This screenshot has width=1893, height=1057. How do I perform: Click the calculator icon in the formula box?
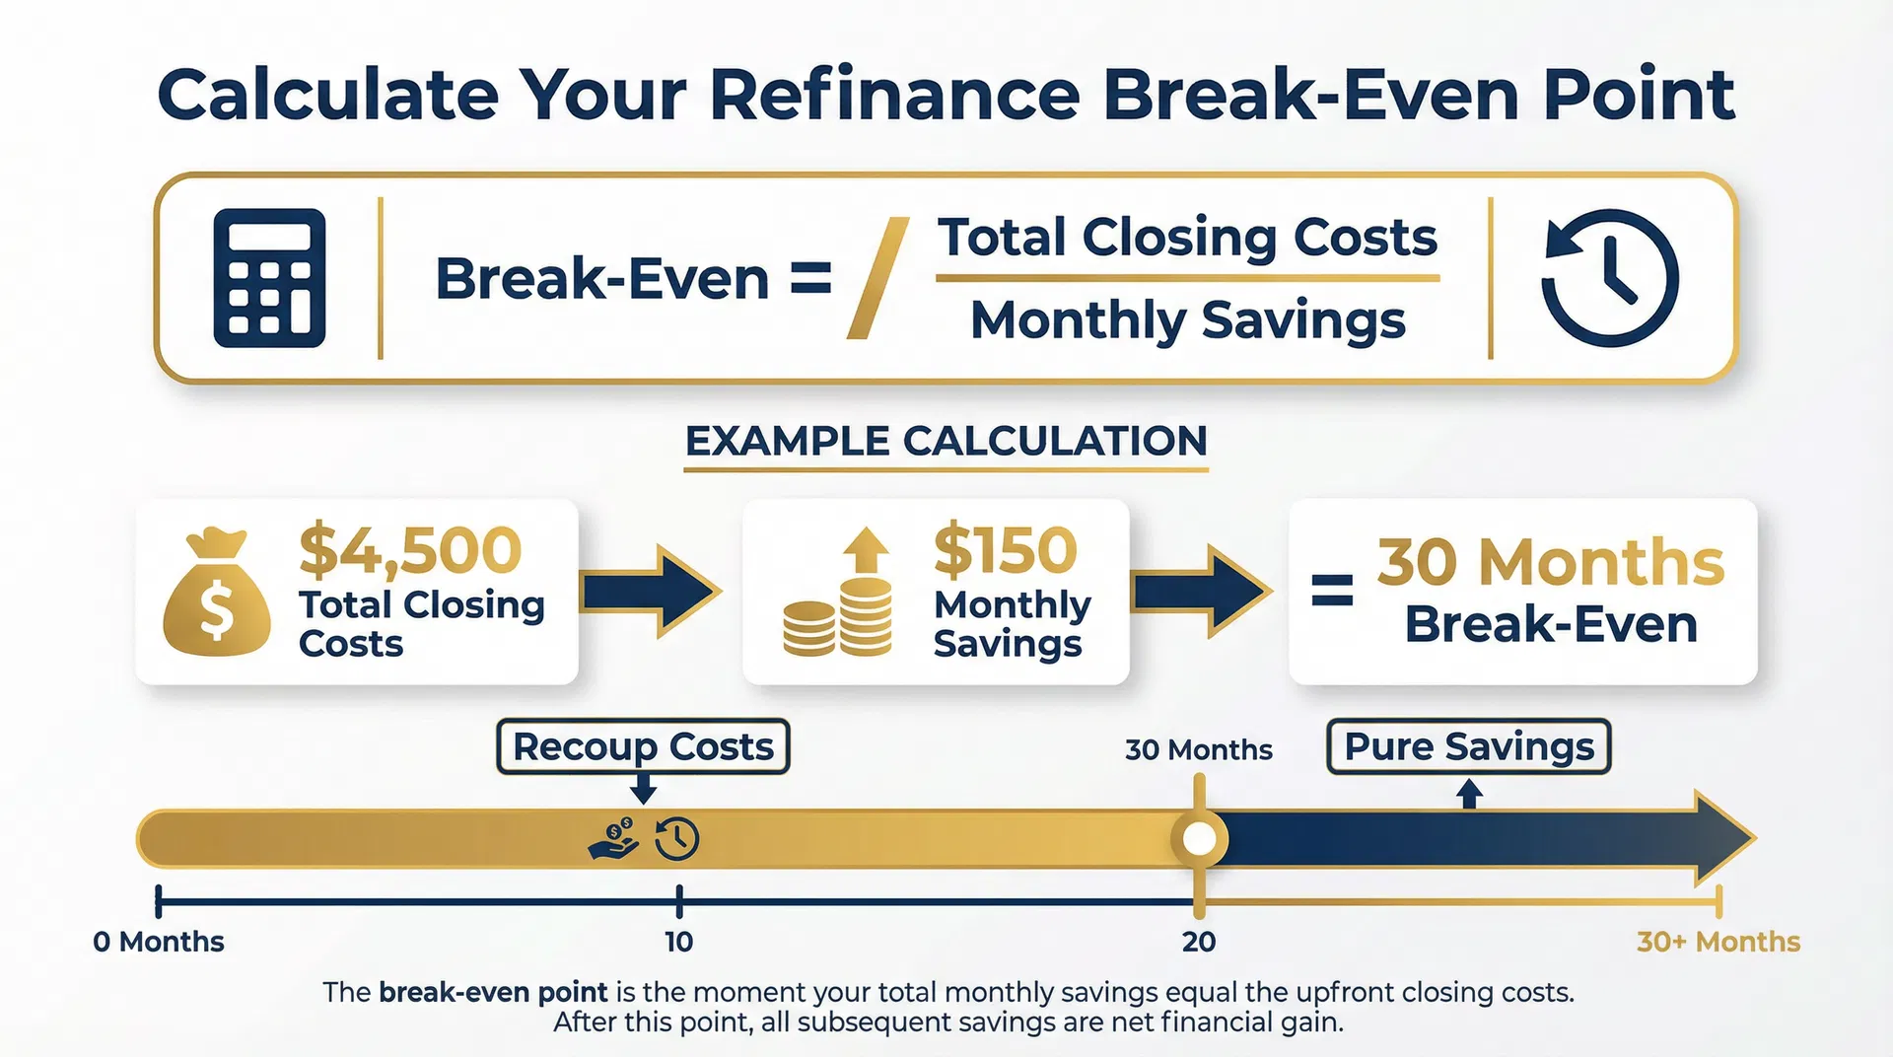269,278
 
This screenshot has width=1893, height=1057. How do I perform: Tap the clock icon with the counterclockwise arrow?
1609,278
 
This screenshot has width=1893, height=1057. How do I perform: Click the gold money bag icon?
217,593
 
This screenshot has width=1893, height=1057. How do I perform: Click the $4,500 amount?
410,550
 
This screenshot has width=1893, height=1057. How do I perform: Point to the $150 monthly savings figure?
1006,550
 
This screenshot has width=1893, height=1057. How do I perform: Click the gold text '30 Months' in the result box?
1550,563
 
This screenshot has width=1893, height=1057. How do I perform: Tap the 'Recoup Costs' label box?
643,746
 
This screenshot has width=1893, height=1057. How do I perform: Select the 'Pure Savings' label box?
1468,746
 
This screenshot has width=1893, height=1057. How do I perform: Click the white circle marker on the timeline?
1199,839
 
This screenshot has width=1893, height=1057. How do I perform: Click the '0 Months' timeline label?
159,942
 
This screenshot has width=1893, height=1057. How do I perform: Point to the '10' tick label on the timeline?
678,942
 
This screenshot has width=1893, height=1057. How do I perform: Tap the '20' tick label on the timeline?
1199,942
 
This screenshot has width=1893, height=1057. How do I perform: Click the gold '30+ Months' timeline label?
1718,942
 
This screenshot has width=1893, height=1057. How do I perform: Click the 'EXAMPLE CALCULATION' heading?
946,441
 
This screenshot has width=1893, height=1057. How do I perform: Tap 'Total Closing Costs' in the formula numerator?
1187,238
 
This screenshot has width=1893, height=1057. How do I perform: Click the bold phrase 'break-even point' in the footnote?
493,992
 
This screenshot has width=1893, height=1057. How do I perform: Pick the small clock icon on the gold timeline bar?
677,839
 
